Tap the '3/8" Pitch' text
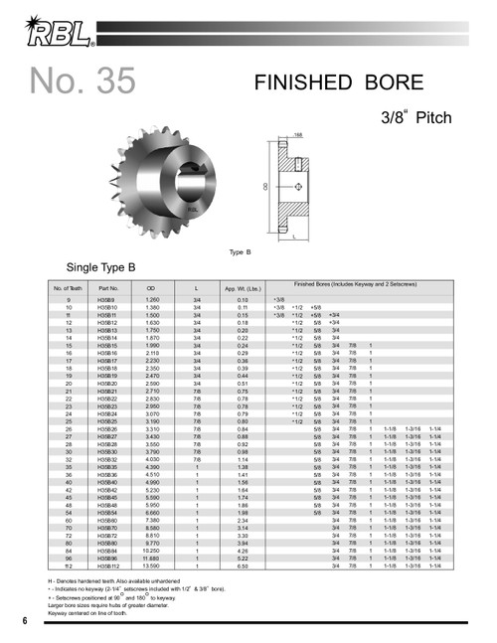[416, 117]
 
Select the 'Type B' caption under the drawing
[240, 251]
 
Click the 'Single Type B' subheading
[99, 268]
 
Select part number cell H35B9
[106, 299]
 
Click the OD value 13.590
[153, 565]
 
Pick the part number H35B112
[108, 565]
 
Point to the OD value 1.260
[153, 299]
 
